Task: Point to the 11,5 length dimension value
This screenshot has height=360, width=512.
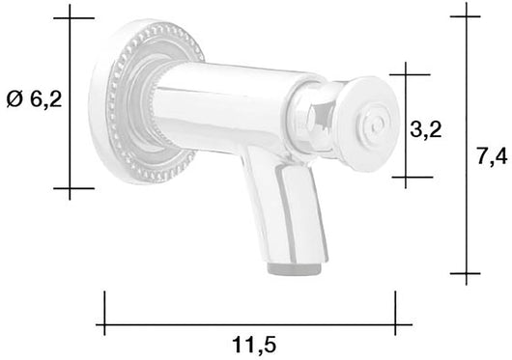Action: (x=249, y=343)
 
